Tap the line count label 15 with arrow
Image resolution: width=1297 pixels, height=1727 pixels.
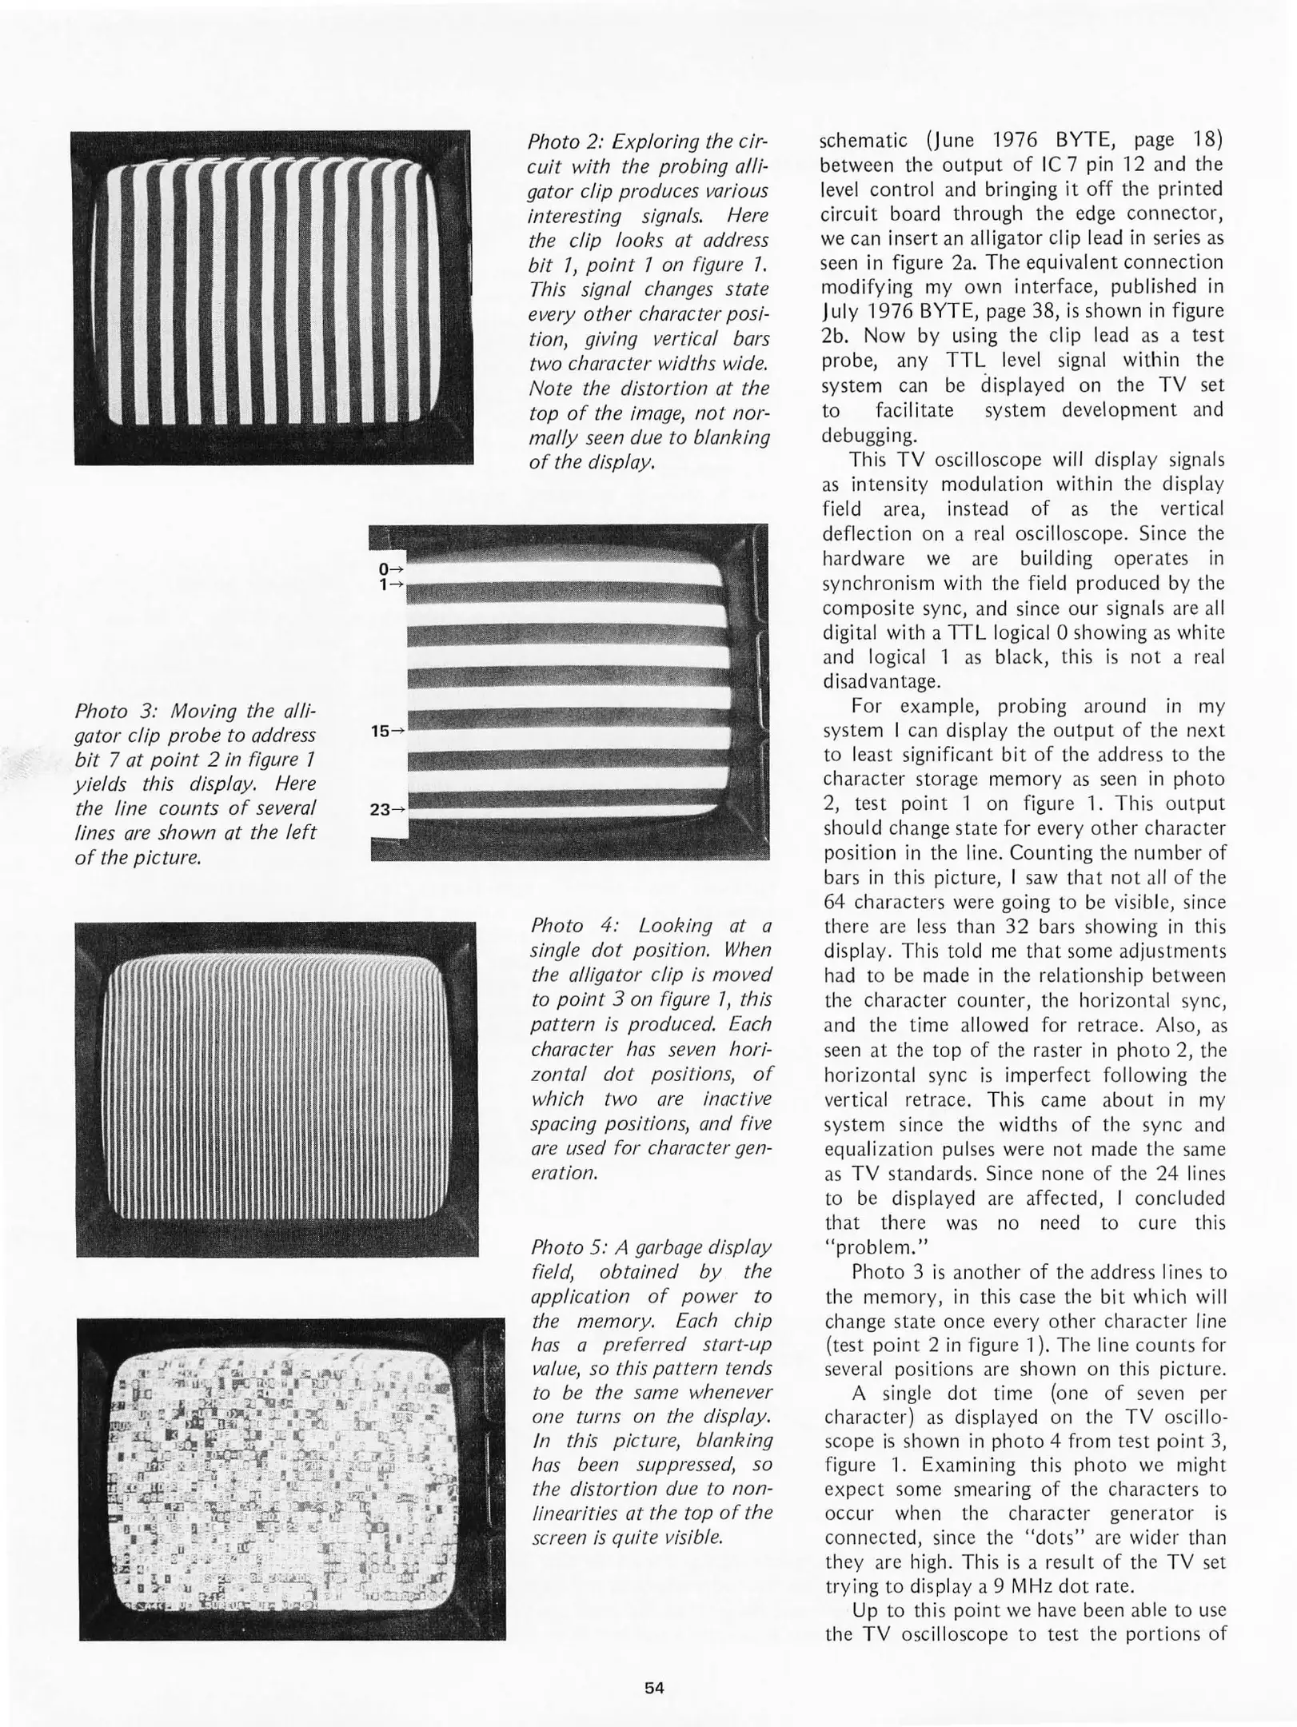click(x=388, y=730)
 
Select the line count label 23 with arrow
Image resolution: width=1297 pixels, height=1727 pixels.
click(x=388, y=809)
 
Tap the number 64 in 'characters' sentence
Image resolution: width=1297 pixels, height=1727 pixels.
click(x=835, y=902)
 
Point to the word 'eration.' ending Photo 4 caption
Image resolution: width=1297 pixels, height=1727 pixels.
click(x=565, y=1174)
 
